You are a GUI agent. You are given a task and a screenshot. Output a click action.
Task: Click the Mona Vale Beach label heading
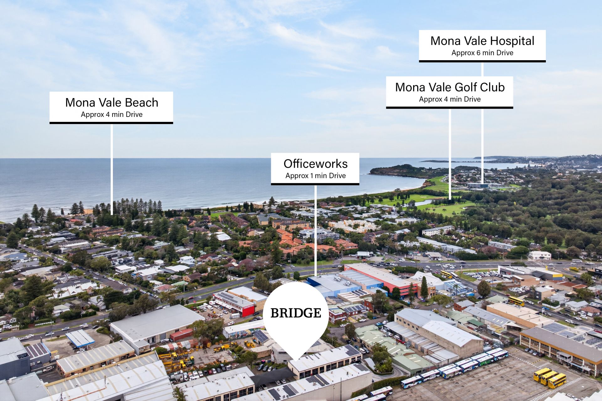112,103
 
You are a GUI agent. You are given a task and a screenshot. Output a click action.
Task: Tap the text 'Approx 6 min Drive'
482,53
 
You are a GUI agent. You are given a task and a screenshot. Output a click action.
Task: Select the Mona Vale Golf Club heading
450,87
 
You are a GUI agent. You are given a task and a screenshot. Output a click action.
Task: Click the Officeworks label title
315,164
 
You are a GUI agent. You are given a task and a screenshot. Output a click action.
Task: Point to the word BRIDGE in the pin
296,313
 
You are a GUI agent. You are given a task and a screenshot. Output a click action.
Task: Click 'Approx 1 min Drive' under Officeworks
315,176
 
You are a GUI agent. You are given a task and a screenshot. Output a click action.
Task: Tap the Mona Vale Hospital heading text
482,41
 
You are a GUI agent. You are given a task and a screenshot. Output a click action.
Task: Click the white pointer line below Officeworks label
315,230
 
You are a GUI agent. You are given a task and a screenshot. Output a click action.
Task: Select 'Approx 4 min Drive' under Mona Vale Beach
112,115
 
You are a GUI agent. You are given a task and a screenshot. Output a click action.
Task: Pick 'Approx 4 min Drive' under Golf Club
450,99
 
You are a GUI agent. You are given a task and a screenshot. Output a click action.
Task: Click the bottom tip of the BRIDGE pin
296,358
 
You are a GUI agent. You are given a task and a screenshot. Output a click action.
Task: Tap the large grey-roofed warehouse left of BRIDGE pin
157,323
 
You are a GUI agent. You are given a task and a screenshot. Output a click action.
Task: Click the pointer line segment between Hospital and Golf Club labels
482,69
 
